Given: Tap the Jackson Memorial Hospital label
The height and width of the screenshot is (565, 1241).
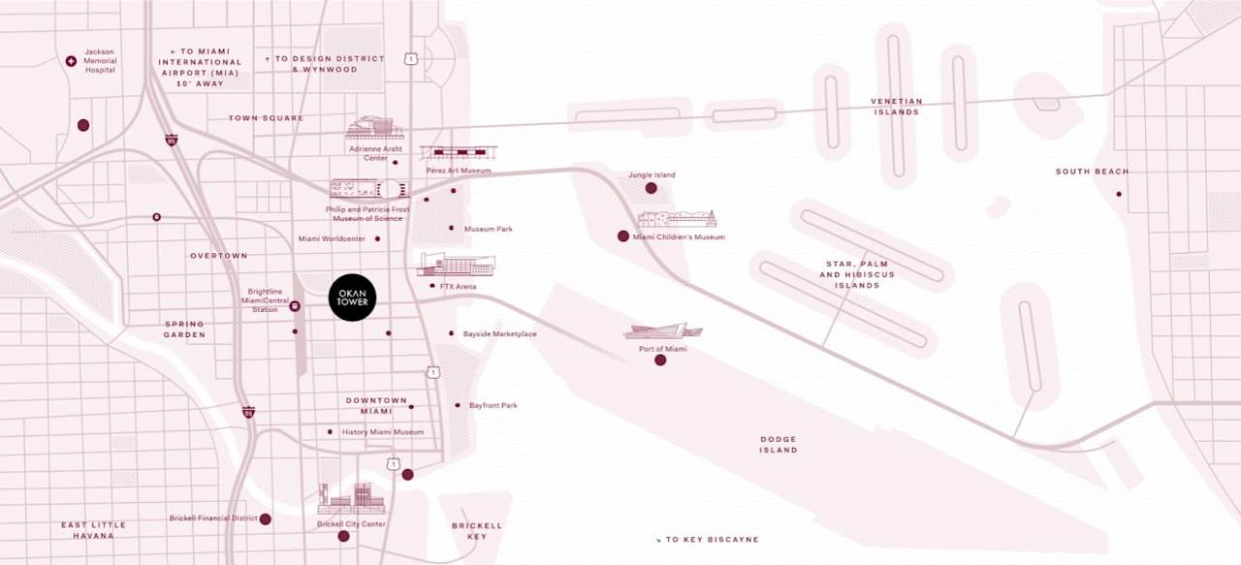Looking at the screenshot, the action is click(100, 61).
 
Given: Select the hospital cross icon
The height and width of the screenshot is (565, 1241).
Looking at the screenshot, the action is click(71, 61).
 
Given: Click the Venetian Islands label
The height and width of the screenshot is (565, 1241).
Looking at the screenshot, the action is click(896, 107).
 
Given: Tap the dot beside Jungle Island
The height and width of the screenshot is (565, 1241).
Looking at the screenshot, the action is click(652, 188).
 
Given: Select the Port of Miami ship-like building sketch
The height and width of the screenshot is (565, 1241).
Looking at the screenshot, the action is click(662, 331).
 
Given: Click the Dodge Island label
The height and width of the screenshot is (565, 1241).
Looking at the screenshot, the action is click(779, 444).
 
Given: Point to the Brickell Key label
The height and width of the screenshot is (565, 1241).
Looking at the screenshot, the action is click(477, 531).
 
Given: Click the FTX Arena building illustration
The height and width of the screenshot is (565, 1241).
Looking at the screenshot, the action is click(456, 265).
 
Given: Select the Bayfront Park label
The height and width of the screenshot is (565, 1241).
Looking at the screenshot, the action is click(493, 405).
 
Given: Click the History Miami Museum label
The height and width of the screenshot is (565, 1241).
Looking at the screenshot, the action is click(382, 432).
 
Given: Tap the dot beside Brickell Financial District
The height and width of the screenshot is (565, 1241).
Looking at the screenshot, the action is click(266, 518).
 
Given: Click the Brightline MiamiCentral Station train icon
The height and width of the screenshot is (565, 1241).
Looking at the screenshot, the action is click(295, 306).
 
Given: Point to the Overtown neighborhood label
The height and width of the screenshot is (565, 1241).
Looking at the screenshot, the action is click(219, 256).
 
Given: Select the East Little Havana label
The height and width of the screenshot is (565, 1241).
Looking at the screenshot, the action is click(94, 530).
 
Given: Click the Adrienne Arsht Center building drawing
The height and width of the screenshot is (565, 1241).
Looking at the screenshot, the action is click(374, 128).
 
